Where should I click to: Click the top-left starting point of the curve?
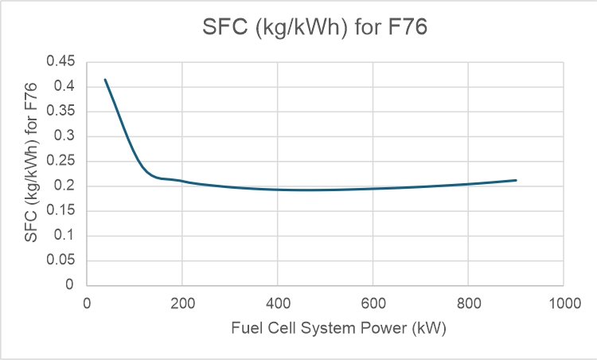click(105, 80)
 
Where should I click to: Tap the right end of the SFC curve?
click(516, 180)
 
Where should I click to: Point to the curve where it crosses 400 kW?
click(277, 189)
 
